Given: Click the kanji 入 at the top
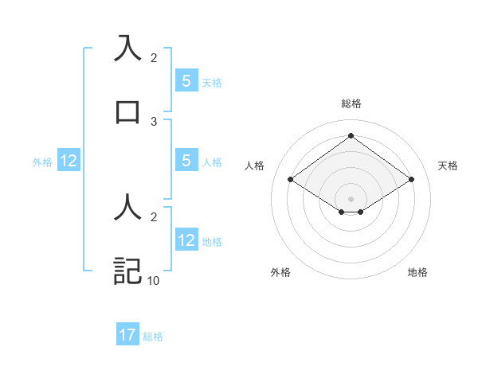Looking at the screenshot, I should [x=127, y=47].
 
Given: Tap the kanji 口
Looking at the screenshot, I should [x=127, y=111].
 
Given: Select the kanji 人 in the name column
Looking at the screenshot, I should [x=127, y=207].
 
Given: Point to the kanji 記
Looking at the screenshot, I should [x=127, y=271].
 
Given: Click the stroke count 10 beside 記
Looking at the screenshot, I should [x=154, y=280].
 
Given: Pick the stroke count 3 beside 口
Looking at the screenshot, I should [x=154, y=121].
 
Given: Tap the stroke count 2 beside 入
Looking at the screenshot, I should [x=154, y=57].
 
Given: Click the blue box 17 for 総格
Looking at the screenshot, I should [x=127, y=335].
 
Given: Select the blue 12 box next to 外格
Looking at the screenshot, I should [x=68, y=162].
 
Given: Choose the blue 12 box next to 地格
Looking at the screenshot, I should [x=186, y=241].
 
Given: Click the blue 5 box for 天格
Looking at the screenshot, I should [x=186, y=81].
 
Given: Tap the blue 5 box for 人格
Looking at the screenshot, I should [x=186, y=162].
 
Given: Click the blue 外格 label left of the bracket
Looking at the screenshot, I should [x=42, y=162].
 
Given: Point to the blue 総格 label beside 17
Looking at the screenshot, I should [x=153, y=337].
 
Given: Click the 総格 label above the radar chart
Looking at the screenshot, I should [x=351, y=103].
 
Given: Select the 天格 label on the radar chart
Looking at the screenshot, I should [x=449, y=166].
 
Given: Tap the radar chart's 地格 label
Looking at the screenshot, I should [x=417, y=272].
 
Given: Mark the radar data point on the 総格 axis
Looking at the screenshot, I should [x=351, y=135].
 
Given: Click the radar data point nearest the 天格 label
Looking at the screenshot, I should [x=411, y=180].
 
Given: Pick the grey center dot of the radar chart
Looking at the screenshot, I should [x=351, y=198].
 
